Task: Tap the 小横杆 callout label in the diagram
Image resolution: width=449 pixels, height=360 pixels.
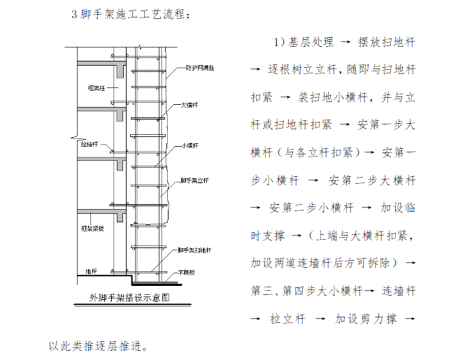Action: (190, 145)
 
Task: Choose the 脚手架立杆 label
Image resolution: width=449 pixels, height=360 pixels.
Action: (195, 180)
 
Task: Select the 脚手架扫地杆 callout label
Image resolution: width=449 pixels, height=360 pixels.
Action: (195, 250)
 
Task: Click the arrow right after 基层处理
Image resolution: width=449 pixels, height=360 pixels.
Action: (344, 43)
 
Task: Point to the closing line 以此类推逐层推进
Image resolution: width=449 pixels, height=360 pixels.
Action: (98, 345)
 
